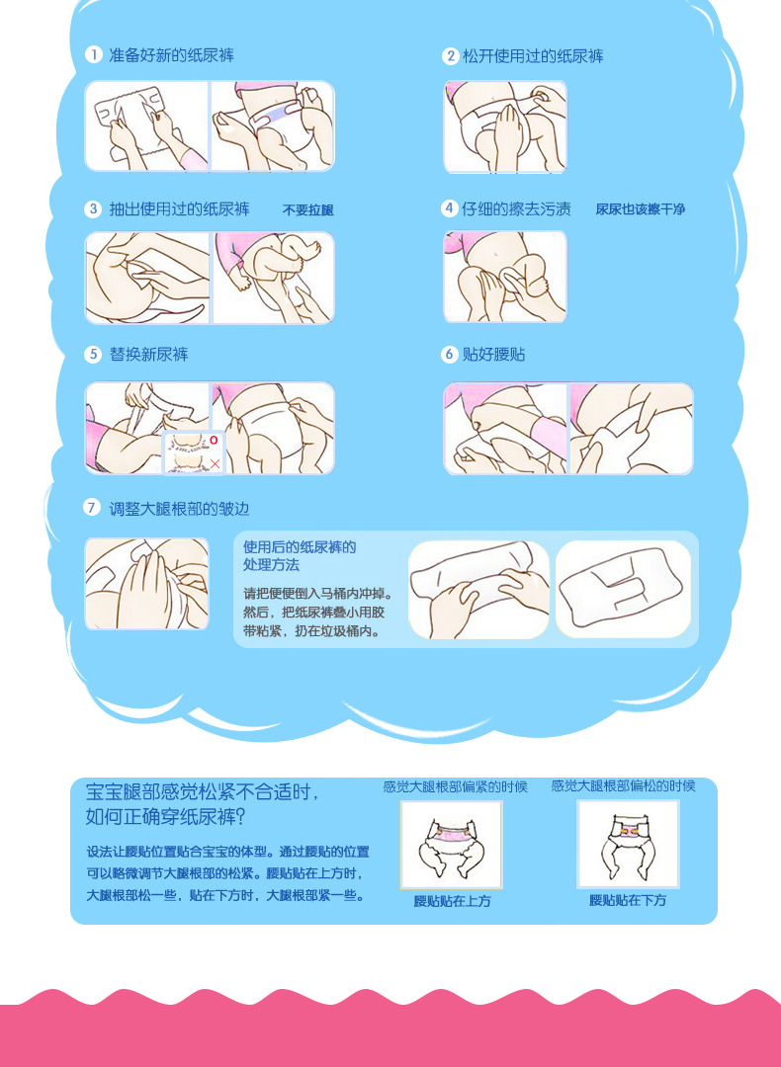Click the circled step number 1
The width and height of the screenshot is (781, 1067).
coord(93,55)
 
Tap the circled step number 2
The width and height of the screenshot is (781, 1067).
coord(451,56)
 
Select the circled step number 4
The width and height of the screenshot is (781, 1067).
coord(449,208)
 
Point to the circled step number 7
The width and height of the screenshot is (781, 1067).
coord(93,508)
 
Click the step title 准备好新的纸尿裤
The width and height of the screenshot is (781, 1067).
coord(171,55)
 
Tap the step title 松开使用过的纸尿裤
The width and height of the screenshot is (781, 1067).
coord(533,56)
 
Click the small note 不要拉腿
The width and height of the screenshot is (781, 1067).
coord(308,210)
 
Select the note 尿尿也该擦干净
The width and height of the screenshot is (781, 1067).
coord(640,209)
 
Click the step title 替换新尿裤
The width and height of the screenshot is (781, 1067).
coord(148,354)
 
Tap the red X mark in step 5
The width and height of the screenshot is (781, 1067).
coord(215,462)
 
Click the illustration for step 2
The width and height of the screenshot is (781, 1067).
coord(505,126)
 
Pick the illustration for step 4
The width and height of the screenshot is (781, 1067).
coord(505,277)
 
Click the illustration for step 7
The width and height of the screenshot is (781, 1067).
coord(146,584)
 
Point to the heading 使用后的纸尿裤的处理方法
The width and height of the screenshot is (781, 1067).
coord(300,556)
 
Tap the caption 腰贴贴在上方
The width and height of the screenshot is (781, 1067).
coord(452,901)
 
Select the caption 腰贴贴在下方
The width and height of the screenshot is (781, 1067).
coord(628,901)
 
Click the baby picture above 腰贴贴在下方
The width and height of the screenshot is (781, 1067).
coord(628,844)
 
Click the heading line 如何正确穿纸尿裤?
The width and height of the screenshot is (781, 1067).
coord(165,818)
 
